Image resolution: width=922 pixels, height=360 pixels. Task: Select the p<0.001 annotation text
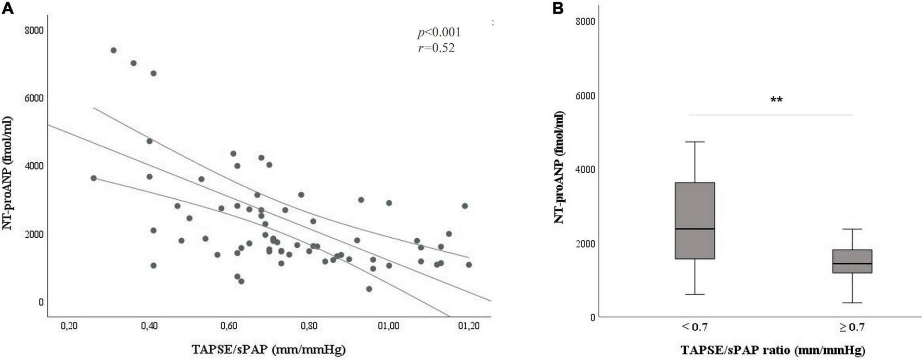pyautogui.click(x=439, y=33)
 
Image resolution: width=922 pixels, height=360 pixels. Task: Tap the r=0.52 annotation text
pyautogui.click(x=436, y=48)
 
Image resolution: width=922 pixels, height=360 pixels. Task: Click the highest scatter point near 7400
pyautogui.click(x=113, y=50)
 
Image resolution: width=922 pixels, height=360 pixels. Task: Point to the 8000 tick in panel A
pyautogui.click(x=34, y=30)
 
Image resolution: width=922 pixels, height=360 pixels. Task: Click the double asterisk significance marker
pyautogui.click(x=776, y=100)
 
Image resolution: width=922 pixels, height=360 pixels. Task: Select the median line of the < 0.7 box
pyautogui.click(x=695, y=229)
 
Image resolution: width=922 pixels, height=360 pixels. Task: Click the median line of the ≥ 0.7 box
pyautogui.click(x=852, y=264)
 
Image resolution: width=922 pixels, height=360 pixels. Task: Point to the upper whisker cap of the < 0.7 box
pyautogui.click(x=695, y=142)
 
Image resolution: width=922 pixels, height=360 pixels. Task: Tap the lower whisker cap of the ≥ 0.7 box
pyautogui.click(x=852, y=303)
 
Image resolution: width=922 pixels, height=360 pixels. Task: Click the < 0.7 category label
pyautogui.click(x=695, y=327)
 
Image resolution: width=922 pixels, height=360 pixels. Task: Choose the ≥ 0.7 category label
pyautogui.click(x=852, y=327)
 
